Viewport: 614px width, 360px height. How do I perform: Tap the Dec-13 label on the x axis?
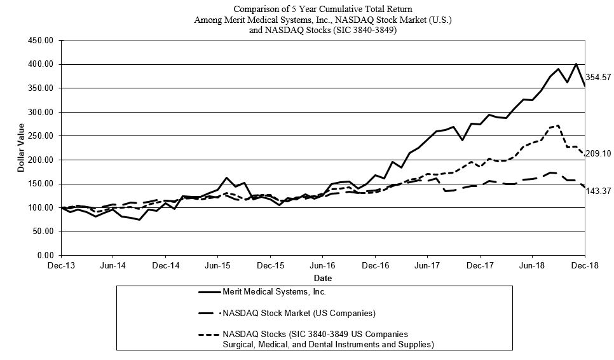(x=62, y=266)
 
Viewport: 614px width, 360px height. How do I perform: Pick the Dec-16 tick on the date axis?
(x=376, y=266)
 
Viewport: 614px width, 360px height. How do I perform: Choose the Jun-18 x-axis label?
(x=532, y=266)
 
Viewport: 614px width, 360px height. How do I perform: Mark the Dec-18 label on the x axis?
(x=585, y=266)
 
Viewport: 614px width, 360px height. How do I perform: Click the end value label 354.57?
(x=599, y=76)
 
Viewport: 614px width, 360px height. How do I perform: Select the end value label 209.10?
(x=599, y=153)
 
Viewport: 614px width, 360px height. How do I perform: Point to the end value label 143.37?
(x=599, y=190)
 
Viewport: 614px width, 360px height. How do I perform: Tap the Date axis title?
(x=323, y=278)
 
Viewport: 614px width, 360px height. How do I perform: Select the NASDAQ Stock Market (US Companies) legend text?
(x=299, y=313)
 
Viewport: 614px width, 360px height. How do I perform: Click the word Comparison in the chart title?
(x=257, y=10)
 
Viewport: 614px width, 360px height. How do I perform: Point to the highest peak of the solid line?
(x=576, y=64)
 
